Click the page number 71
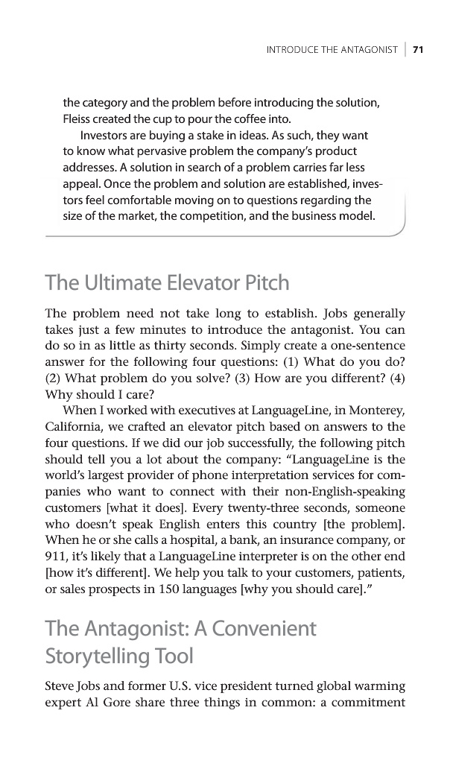[418, 50]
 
